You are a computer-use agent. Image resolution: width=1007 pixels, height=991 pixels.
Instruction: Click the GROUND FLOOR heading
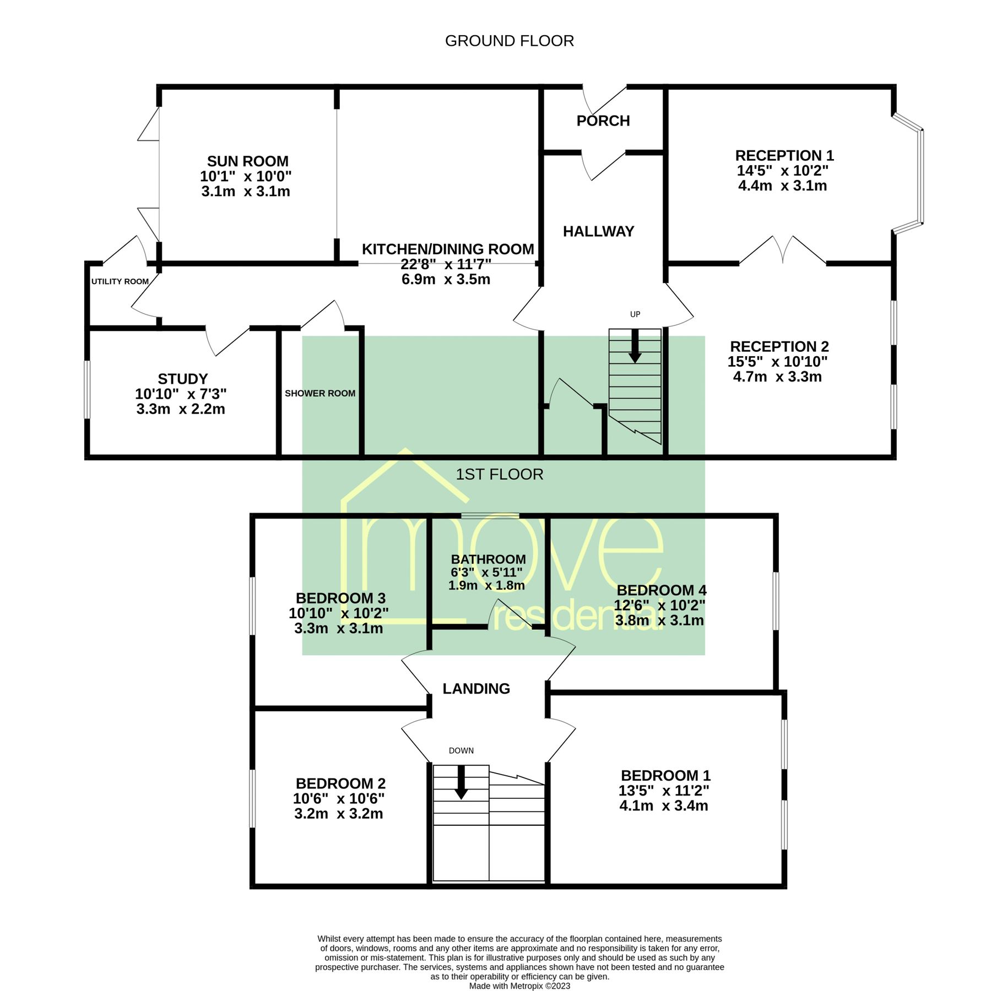tap(509, 41)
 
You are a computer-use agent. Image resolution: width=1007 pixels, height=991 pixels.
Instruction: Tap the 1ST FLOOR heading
tap(499, 474)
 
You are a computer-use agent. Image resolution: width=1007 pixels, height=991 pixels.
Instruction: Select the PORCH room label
tap(603, 121)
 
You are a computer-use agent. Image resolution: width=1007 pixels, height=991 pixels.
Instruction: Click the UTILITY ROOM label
tap(120, 281)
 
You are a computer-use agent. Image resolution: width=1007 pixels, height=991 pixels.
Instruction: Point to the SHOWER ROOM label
tap(320, 393)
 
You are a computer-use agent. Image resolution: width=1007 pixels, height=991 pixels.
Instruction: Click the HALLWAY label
tap(598, 231)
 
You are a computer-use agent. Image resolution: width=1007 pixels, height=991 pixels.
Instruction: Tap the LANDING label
tap(476, 688)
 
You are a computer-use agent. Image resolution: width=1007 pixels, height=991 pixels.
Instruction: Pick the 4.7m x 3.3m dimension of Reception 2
tap(777, 377)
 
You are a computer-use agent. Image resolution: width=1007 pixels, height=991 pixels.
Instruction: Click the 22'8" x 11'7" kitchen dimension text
tap(446, 264)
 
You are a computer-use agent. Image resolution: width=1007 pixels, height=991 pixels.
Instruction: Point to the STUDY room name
tap(182, 379)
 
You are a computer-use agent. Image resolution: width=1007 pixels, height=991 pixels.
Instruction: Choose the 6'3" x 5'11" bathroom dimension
tap(486, 572)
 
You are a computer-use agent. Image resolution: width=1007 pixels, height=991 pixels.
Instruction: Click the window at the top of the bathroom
tap(490, 516)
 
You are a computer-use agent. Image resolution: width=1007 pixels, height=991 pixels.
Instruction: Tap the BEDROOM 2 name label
tap(340, 783)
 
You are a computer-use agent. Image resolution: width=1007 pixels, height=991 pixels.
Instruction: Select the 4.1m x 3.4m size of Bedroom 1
tap(663, 805)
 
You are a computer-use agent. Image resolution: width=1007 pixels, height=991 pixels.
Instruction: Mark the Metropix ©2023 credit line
tap(519, 985)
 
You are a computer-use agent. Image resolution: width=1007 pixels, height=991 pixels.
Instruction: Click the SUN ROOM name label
tap(247, 161)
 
